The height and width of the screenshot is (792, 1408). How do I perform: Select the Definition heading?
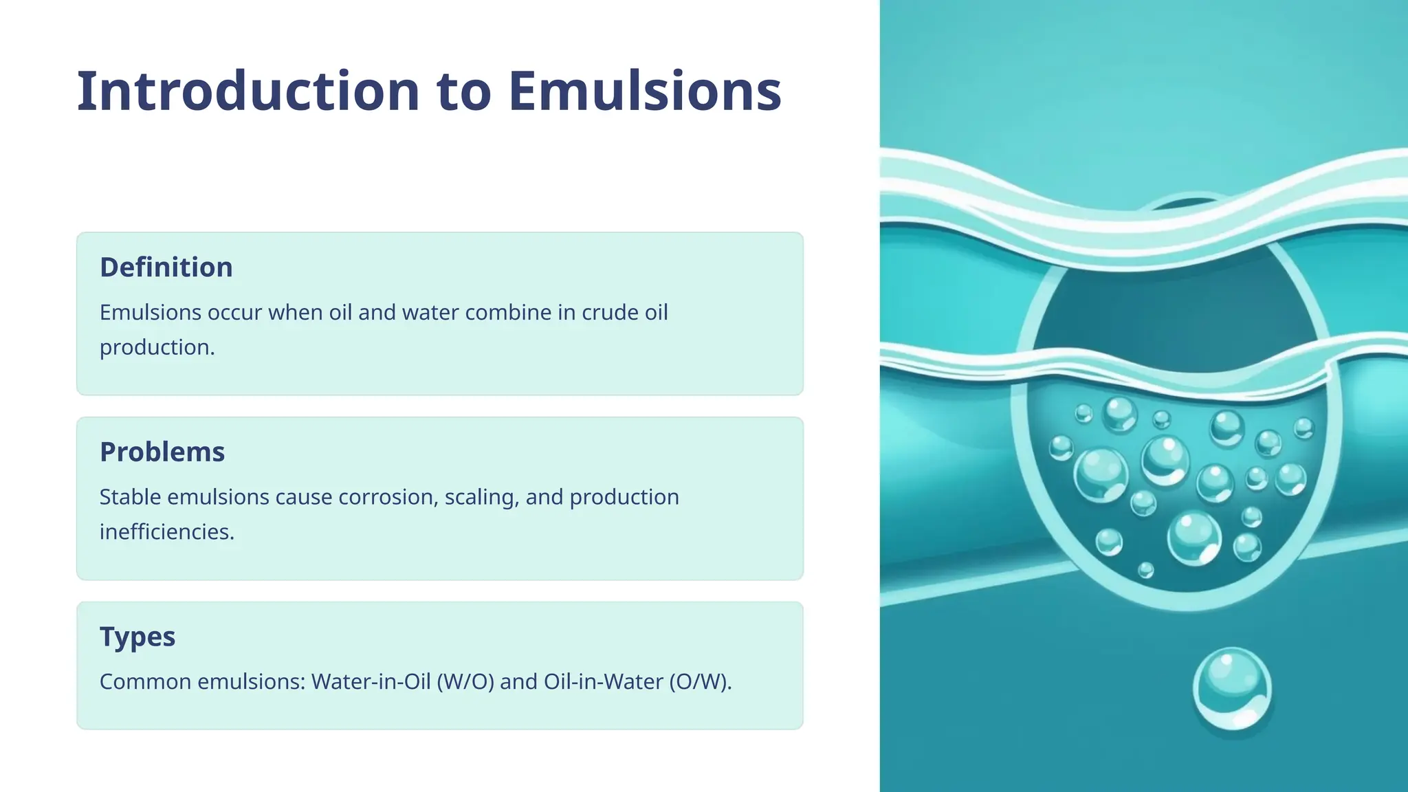(166, 267)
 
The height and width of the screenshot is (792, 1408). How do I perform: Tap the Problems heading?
(162, 452)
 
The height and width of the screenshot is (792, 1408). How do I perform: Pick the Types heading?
(137, 637)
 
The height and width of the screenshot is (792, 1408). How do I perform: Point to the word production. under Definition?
(157, 347)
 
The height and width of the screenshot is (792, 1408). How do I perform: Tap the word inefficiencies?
(166, 532)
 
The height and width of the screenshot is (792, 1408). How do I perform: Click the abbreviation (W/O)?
(465, 682)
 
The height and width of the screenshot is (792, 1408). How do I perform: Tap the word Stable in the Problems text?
(130, 497)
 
